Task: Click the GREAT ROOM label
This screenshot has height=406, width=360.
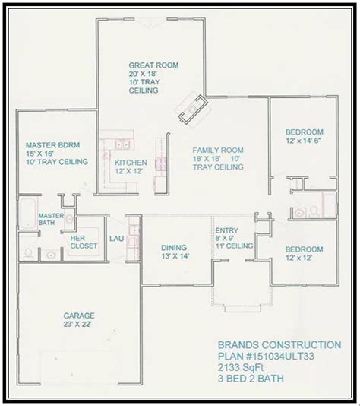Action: point(153,65)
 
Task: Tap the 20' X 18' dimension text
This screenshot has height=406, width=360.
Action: point(143,74)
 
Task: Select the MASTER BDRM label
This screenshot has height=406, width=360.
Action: point(52,145)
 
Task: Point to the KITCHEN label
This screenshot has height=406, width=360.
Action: point(131,163)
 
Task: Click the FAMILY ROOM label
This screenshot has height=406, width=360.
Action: point(218,151)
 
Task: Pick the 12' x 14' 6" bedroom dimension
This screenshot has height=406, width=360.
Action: point(303,141)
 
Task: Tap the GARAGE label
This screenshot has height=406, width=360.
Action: point(79,316)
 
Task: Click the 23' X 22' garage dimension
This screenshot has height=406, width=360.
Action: point(77,324)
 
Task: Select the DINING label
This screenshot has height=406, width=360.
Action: point(174,248)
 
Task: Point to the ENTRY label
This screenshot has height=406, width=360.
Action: point(226,230)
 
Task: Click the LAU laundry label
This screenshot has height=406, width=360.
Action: point(117,239)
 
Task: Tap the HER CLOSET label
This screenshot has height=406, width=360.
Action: point(84,242)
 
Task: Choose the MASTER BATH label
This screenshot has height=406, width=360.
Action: point(51,219)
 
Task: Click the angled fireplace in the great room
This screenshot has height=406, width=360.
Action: point(194,109)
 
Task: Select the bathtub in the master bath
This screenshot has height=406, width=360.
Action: point(27,213)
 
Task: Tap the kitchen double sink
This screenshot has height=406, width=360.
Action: point(122,144)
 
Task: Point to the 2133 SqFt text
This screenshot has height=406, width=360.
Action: point(241,367)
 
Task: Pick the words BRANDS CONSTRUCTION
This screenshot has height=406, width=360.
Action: point(279,345)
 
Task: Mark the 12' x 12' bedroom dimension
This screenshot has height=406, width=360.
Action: point(298,258)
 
